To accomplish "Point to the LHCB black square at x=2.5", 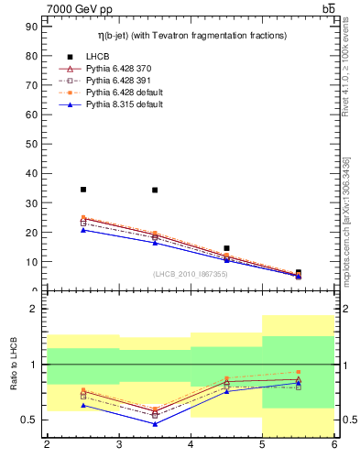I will [83, 190].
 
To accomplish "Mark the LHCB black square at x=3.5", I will [155, 191].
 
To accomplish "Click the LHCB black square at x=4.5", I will [226, 248].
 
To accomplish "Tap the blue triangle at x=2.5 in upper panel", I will [83, 230].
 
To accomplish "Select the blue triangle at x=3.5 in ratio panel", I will [155, 424].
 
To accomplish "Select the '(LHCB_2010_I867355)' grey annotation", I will [191, 274].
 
